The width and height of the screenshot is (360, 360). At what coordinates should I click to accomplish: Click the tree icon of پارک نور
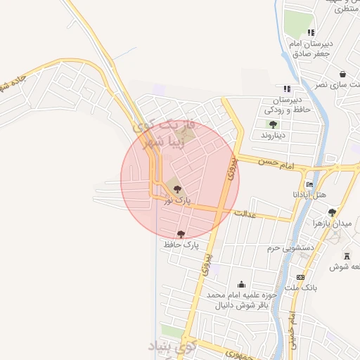coord(176,188)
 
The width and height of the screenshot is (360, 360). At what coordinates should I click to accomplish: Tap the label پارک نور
coord(177,201)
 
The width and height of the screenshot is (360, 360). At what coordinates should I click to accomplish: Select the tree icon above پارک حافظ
coord(181,233)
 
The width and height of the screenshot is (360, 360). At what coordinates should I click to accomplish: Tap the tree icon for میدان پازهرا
coord(332,212)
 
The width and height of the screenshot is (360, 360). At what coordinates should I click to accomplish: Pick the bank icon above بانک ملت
coord(300,277)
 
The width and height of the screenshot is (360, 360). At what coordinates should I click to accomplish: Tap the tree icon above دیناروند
coord(272,124)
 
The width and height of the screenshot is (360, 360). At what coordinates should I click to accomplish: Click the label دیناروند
coord(271,134)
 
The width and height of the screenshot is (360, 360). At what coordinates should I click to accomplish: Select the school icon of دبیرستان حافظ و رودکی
coord(286,89)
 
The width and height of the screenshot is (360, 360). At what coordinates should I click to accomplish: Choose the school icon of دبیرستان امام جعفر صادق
coord(311,32)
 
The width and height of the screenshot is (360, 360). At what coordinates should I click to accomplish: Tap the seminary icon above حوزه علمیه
coord(242,284)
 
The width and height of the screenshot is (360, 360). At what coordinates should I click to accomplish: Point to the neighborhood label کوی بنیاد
coord(172,347)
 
